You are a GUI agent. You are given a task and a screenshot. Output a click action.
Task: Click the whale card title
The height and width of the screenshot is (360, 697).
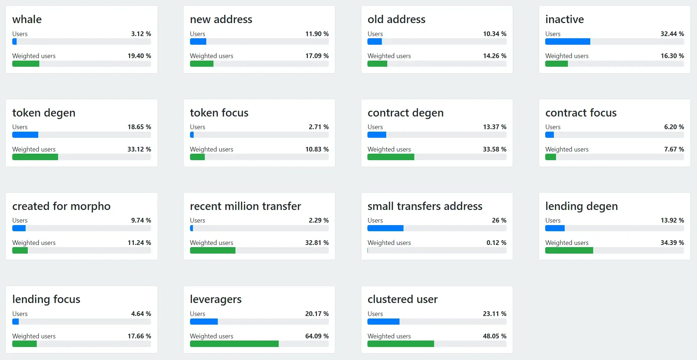27,19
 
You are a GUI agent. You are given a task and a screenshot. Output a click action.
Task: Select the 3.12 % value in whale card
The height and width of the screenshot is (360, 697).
141,34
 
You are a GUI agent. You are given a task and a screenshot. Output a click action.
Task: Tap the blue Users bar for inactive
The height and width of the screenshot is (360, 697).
568,42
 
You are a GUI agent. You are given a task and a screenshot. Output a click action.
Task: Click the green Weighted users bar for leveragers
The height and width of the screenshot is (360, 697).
234,344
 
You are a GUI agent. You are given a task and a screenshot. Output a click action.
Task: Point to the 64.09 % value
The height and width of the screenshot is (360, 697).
317,336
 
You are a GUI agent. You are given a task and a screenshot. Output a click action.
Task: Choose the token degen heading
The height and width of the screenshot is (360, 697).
44,113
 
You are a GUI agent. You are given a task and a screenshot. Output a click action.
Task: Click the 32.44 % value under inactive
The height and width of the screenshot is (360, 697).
672,34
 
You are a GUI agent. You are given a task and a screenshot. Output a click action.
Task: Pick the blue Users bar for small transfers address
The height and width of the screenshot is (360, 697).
385,228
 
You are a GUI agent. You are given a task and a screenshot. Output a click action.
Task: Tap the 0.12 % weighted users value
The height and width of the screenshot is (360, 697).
496,243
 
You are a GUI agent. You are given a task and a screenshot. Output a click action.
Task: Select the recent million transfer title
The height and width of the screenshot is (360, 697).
245,206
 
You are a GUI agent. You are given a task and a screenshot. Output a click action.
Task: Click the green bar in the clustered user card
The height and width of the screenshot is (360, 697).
401,344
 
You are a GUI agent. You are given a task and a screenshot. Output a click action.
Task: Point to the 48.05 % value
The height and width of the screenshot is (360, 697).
494,336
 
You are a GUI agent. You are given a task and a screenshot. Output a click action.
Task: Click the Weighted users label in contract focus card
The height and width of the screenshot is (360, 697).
566,149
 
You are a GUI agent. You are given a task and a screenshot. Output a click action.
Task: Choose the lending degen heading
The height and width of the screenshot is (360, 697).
581,206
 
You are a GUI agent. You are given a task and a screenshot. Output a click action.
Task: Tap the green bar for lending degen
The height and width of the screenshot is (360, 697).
569,251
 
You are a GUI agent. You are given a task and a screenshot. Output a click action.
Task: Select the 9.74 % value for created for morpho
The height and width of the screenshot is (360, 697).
141,220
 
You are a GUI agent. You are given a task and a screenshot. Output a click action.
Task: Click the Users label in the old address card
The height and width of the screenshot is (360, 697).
375,34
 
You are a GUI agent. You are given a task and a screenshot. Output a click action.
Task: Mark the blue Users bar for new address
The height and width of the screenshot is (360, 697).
198,42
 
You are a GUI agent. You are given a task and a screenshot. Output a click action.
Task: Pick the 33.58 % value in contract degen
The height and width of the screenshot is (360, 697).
494,149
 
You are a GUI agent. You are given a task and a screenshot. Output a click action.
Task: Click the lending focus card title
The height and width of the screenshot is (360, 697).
46,299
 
